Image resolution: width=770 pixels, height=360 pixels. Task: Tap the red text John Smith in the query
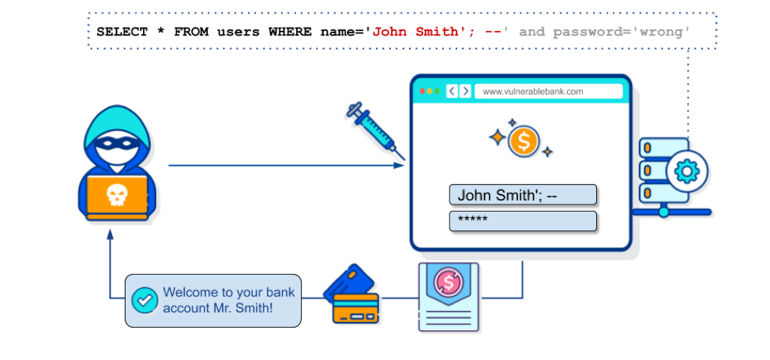[x=415, y=32]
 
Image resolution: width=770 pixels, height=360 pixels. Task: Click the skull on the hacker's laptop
[x=117, y=195]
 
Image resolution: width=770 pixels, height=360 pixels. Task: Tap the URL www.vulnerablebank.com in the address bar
[x=533, y=92]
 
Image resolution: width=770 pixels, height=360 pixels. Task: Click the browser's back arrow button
[x=452, y=92]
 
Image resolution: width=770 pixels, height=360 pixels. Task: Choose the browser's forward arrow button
[x=465, y=92]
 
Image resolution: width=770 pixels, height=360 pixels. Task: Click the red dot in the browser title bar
[x=423, y=92]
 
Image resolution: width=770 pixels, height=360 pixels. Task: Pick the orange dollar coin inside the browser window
[x=524, y=141]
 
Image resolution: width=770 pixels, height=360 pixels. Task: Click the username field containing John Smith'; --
[x=523, y=194]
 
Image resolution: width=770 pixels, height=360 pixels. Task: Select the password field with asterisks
[x=523, y=221]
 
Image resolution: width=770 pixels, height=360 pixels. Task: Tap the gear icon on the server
[x=686, y=171]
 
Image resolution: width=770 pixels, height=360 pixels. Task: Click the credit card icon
[x=351, y=294]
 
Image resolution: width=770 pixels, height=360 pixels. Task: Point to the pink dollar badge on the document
[x=448, y=280]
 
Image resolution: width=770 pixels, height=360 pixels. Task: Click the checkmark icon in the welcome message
[x=145, y=300]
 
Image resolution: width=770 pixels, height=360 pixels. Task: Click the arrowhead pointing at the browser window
[x=400, y=166]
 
